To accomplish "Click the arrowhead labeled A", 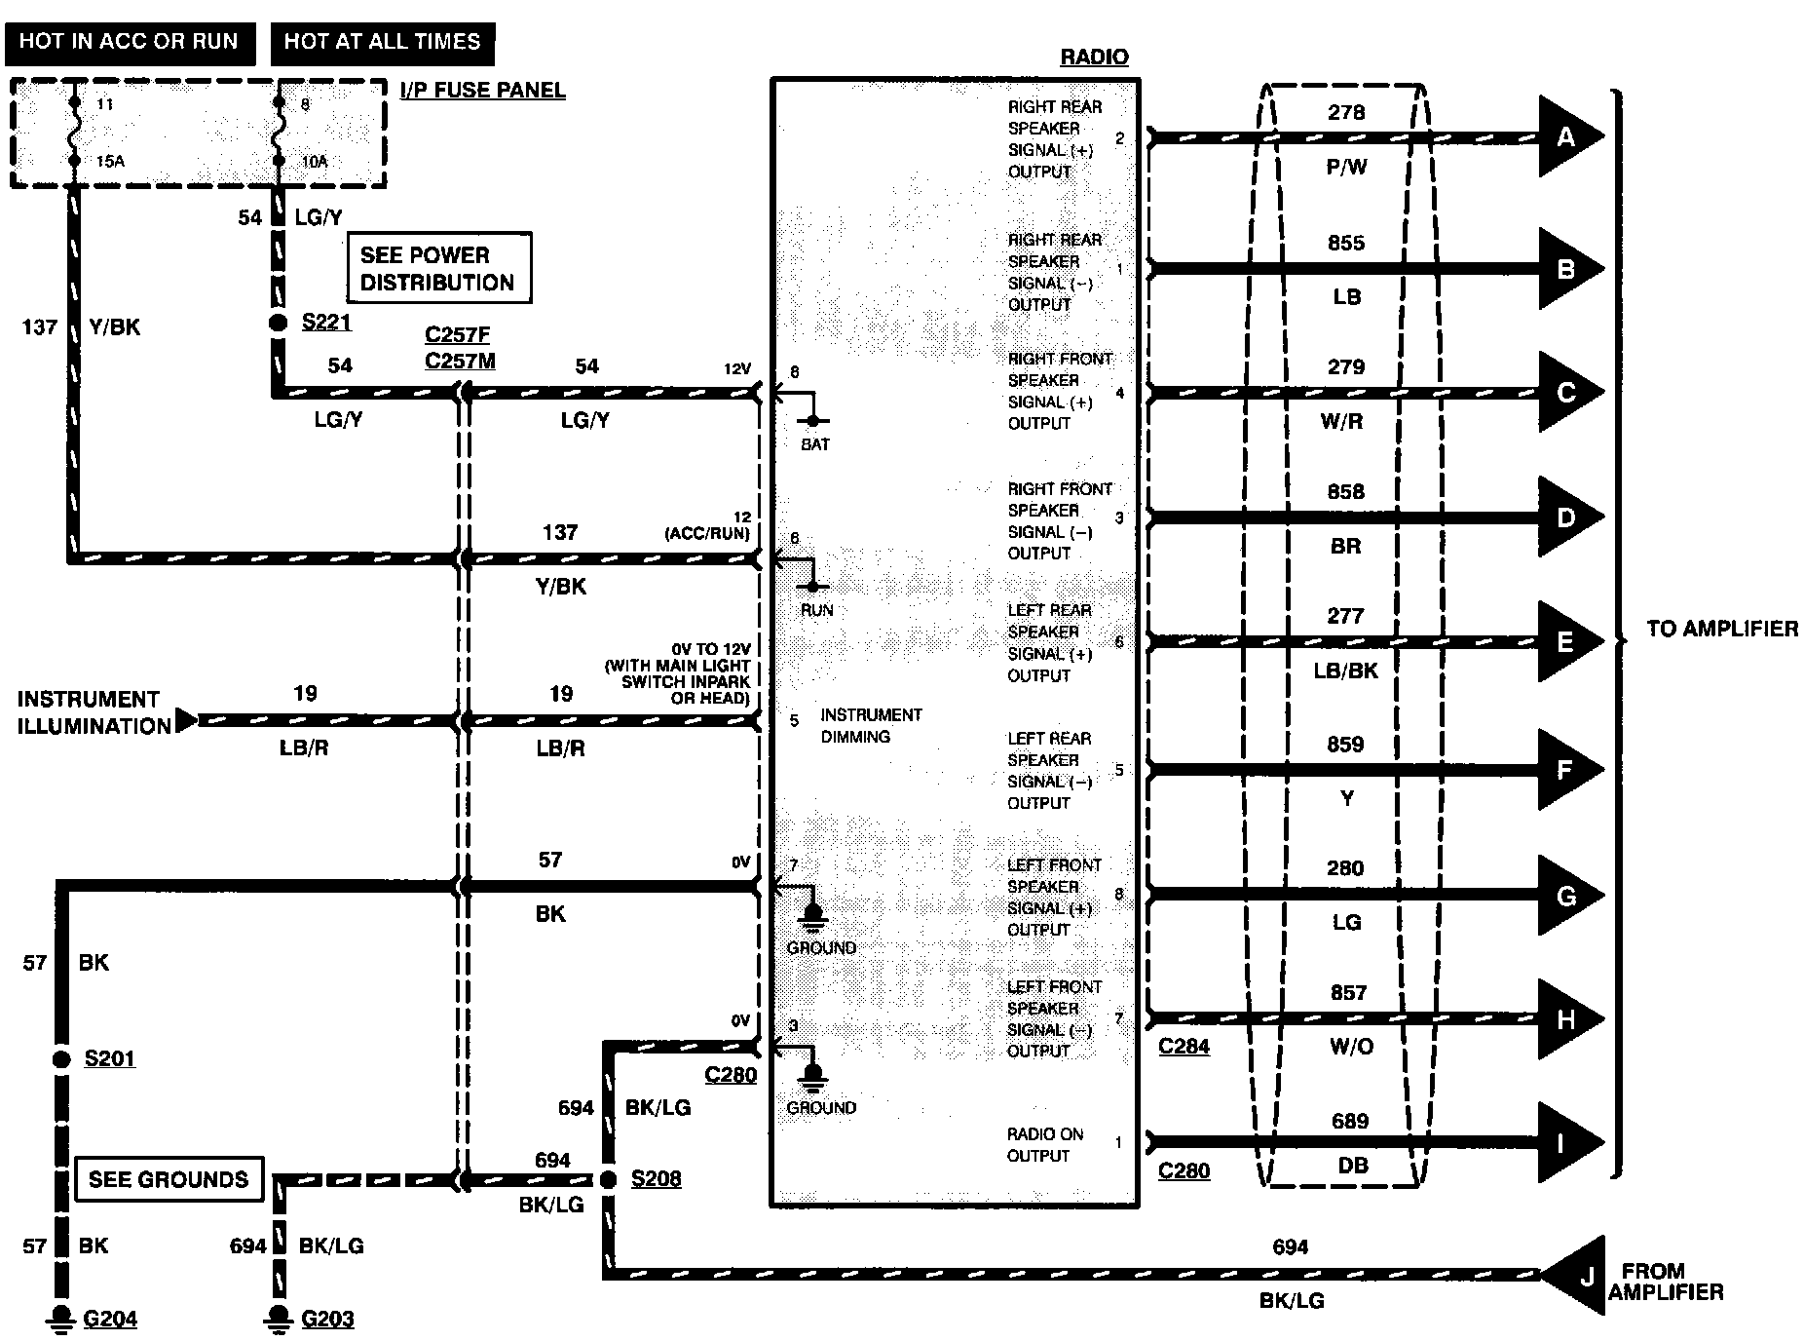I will tap(1567, 136).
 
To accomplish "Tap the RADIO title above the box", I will tap(1093, 57).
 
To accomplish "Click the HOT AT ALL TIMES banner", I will tap(382, 42).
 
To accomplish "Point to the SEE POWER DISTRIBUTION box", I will tap(438, 269).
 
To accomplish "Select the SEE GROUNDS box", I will tap(169, 1179).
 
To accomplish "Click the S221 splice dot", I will tap(278, 323).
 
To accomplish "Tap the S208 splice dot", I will tap(608, 1180).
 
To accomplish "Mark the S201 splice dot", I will tap(61, 1059).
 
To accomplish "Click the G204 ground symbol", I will tap(61, 1317).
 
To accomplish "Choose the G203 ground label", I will tap(327, 1320).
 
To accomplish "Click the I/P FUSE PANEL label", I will tap(482, 91).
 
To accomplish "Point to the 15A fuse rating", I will tap(110, 162).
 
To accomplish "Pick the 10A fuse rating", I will tap(314, 162).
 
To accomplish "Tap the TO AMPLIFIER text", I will tap(1722, 629).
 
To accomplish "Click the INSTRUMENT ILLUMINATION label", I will tap(90, 712).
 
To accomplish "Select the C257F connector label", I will tap(457, 335).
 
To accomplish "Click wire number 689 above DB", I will tap(1349, 1121).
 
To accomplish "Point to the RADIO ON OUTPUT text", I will tap(1044, 1145).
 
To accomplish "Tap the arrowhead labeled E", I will tap(1567, 641).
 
